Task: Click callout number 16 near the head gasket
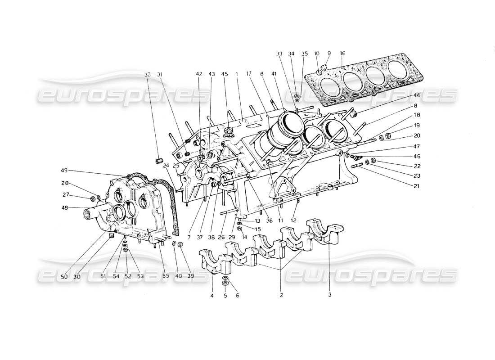[342, 53]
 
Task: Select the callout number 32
[148, 75]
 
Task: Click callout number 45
[224, 75]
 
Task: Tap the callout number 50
[64, 276]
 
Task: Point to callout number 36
[270, 220]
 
